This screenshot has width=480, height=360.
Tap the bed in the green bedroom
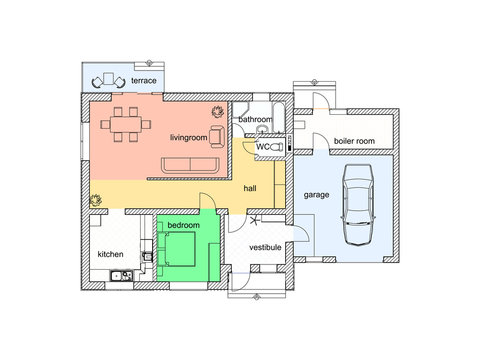[x=179, y=250]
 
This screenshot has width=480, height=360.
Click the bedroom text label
[x=183, y=226]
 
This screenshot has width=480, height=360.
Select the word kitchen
[x=110, y=254]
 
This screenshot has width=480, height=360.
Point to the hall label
[x=252, y=187]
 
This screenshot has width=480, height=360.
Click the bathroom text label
[x=254, y=120]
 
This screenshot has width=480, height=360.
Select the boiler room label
[x=354, y=142]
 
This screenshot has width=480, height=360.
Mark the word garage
[x=317, y=195]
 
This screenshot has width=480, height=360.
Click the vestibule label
[x=264, y=245]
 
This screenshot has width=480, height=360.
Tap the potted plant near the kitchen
[x=96, y=198]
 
